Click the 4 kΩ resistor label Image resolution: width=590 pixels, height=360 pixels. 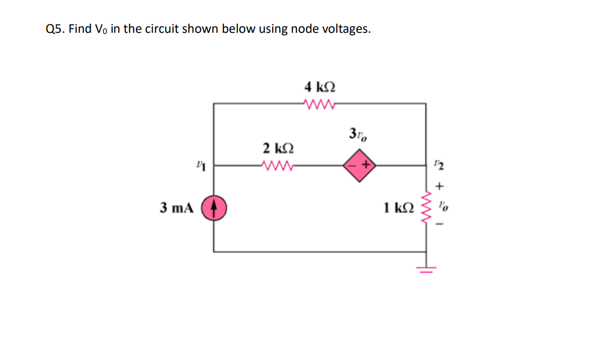click(x=320, y=86)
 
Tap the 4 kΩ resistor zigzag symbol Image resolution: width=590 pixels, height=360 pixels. click(x=320, y=103)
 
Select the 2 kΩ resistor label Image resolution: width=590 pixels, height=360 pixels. click(x=279, y=147)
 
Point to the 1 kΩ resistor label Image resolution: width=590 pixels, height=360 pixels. click(x=397, y=208)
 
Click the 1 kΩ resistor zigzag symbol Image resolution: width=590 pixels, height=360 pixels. click(x=426, y=208)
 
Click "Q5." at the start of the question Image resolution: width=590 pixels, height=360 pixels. click(x=56, y=29)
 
